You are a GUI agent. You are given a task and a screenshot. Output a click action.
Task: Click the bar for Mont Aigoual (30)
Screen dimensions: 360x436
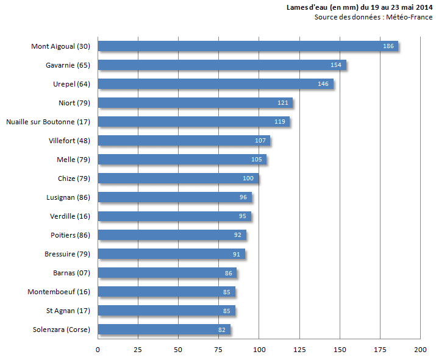[x=248, y=46]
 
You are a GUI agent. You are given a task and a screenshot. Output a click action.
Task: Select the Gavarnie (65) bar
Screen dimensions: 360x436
[x=222, y=65]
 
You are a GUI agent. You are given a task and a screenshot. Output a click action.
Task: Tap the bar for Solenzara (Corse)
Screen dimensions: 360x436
[x=164, y=330]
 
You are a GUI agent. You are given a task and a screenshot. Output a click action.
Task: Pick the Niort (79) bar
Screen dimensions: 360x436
[x=195, y=103]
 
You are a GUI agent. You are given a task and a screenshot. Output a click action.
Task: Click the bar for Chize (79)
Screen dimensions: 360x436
[x=178, y=178]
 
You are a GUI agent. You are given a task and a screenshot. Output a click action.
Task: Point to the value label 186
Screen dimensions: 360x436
[x=388, y=46]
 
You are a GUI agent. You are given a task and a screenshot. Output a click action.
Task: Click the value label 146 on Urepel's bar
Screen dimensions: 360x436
[x=323, y=84]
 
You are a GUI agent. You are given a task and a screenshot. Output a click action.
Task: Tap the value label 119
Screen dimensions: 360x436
[x=280, y=122]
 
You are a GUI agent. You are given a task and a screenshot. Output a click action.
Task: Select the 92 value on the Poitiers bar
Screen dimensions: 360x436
[x=237, y=235]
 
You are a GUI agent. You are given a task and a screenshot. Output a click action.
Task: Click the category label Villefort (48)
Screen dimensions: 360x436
[x=70, y=141]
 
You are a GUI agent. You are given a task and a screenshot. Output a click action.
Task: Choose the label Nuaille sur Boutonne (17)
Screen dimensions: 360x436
[x=48, y=122]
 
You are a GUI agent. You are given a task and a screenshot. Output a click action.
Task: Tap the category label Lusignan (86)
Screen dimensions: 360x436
[x=68, y=197]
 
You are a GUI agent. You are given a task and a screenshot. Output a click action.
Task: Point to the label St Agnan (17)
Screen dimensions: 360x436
[x=68, y=311]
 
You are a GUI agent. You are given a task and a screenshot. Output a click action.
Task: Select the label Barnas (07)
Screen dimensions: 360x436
[x=72, y=273]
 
